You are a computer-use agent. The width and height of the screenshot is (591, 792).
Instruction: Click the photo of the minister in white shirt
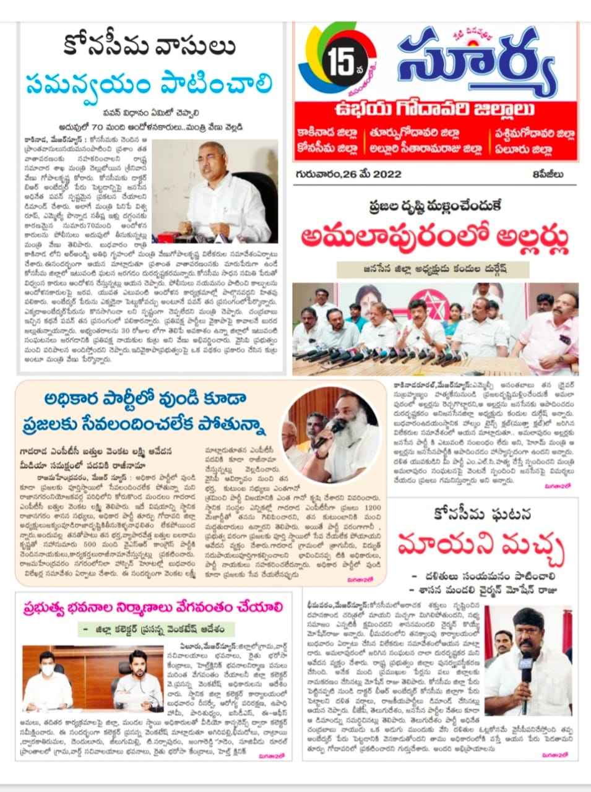[215, 192]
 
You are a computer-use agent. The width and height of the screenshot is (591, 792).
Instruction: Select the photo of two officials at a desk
[91, 680]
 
